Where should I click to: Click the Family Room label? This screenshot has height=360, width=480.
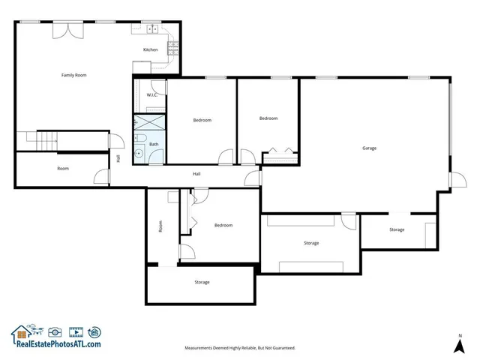74,75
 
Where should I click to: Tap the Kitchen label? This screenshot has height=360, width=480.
151,50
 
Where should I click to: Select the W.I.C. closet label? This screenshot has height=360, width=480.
151,95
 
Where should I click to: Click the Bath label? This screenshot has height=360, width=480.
154,144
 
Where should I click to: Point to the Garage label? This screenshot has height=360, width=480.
369,148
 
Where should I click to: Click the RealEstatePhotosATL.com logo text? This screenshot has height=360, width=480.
55,344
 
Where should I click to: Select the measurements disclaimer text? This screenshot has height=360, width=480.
240,348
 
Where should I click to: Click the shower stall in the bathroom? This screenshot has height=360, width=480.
149,123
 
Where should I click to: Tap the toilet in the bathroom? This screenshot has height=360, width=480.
140,139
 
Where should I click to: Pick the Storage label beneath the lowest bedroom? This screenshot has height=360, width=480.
202,282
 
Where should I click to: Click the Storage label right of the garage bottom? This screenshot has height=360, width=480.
397,229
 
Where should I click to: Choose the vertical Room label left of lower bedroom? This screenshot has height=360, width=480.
160,226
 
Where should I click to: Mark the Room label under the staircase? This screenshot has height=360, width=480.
63,169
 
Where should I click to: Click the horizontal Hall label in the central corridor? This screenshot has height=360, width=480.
196,174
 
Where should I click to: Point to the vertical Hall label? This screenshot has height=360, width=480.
118,158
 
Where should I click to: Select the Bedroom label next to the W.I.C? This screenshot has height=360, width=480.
202,121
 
